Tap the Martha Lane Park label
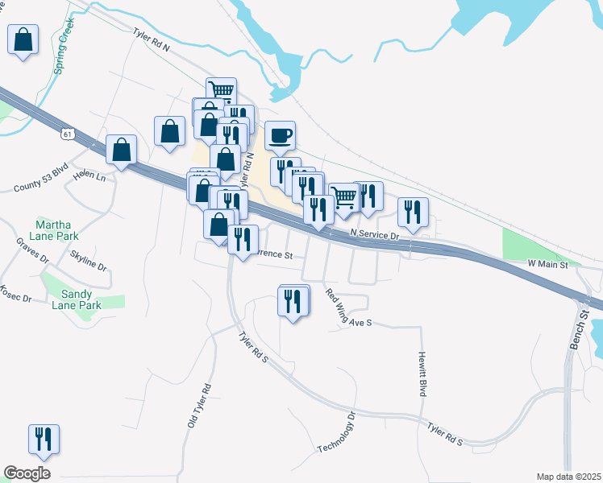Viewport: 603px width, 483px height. click(56, 229)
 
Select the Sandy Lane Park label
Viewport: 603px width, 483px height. click(77, 299)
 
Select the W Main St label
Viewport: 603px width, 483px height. click(547, 263)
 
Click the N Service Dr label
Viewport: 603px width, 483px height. click(375, 235)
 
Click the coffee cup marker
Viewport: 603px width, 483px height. click(280, 136)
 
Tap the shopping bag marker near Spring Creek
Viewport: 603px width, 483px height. click(23, 39)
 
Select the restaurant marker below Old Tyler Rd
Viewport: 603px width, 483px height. click(44, 439)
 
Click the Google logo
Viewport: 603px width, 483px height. click(27, 473)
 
